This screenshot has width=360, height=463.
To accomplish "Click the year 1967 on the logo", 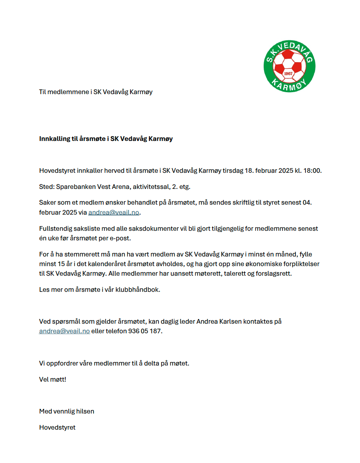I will (x=288, y=73).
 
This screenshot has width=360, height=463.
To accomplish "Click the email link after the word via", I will (x=114, y=212).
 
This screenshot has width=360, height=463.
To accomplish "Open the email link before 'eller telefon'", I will (x=64, y=331).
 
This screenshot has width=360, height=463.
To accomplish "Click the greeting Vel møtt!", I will (x=53, y=379).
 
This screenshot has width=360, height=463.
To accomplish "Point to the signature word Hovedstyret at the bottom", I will (x=57, y=427).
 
